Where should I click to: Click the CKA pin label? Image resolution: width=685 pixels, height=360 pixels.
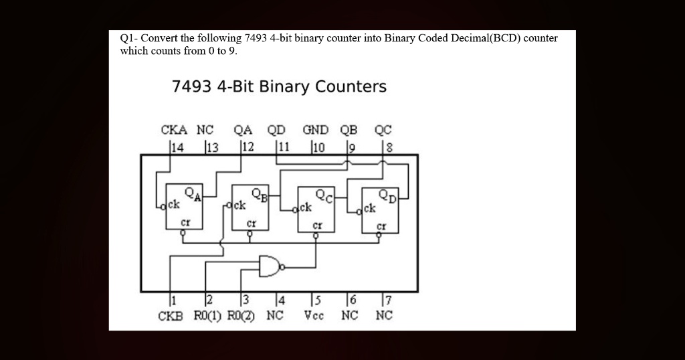[174, 130]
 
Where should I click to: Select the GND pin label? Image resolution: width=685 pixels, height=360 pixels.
[316, 130]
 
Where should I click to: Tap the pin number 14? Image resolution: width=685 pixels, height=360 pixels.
[177, 147]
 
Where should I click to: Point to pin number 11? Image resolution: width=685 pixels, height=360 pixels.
[284, 147]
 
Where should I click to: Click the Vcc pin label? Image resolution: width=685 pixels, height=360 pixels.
[314, 315]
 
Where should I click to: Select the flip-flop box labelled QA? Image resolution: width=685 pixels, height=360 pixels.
[184, 207]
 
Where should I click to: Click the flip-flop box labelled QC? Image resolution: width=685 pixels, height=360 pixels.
[315, 209]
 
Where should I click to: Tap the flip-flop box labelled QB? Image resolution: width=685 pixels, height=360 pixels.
[250, 207]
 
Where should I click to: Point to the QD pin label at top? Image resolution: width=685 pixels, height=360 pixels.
[276, 130]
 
